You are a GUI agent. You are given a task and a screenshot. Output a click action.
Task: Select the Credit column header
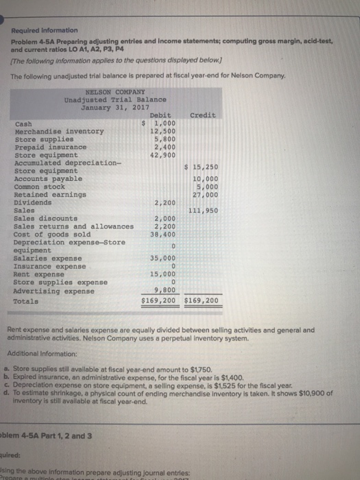click(202, 115)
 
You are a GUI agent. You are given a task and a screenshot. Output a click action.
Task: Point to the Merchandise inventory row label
click(59, 130)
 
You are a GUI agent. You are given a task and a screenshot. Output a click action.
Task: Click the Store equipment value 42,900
click(163, 154)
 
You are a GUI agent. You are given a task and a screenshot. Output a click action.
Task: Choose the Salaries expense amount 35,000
click(163, 258)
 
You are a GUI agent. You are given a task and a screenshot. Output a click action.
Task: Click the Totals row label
click(26, 301)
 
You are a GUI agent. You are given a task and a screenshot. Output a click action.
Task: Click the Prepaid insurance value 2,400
click(165, 146)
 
